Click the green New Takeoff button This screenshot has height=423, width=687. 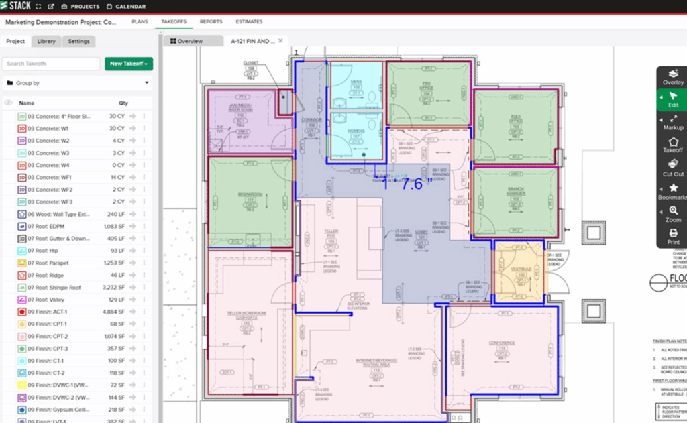129,64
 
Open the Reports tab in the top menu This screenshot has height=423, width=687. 211,22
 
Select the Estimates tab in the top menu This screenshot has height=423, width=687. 249,22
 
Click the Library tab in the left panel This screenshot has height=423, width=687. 46,41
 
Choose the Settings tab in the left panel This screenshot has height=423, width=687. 78,41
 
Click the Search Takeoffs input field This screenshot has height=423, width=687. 52,64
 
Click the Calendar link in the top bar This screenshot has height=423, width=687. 130,7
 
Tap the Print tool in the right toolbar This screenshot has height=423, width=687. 673,237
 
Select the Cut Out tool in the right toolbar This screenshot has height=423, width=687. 673,168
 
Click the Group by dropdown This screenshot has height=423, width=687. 77,83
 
